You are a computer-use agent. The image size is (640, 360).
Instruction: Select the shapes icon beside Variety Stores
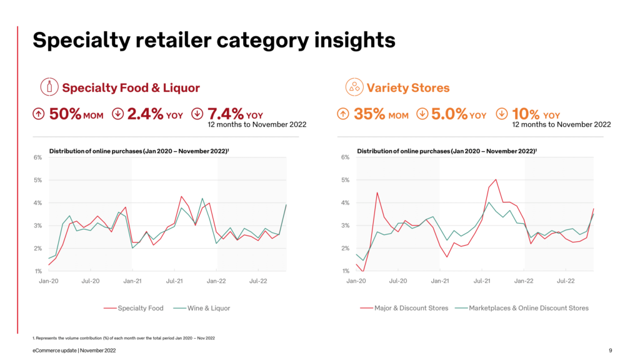(x=354, y=87)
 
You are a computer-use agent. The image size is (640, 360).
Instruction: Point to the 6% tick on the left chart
(x=37, y=157)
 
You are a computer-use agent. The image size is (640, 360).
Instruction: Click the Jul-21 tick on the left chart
(x=176, y=281)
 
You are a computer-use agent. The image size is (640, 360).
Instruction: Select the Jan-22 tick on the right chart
(x=524, y=281)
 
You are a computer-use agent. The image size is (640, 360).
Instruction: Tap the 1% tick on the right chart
(x=346, y=271)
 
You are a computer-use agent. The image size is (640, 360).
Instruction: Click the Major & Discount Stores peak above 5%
(x=496, y=179)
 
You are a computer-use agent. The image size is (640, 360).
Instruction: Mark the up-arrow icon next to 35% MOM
(x=342, y=114)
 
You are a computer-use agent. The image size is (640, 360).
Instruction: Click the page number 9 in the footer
(x=610, y=351)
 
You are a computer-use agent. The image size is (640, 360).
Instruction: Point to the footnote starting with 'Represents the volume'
(x=125, y=338)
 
